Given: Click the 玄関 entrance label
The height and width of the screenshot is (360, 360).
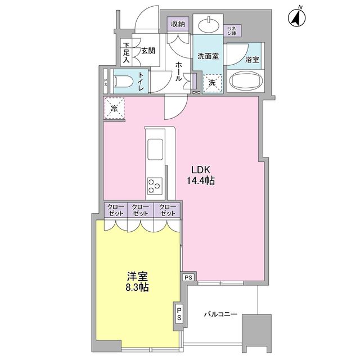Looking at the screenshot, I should [x=148, y=51].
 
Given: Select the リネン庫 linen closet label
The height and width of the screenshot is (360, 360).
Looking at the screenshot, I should [x=231, y=31].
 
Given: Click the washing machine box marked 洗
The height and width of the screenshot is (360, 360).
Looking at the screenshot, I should [x=212, y=83].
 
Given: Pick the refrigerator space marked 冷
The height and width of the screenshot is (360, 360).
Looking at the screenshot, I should [x=114, y=107].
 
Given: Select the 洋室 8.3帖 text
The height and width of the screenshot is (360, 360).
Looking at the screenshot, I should [x=137, y=281].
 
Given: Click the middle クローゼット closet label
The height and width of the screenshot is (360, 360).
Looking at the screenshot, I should [x=139, y=210].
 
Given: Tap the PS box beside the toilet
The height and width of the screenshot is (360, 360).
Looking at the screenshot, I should [x=106, y=82].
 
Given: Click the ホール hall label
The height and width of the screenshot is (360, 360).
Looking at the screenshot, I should [x=178, y=71].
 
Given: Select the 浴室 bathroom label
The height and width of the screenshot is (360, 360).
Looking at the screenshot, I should [x=251, y=58].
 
